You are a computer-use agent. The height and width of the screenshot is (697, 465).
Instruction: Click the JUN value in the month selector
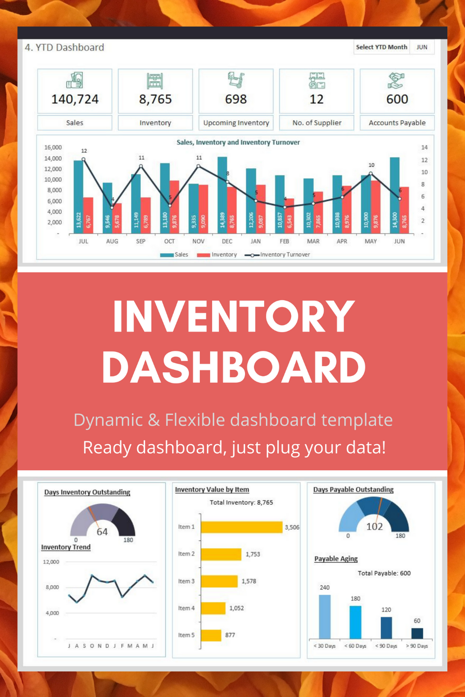click(422, 47)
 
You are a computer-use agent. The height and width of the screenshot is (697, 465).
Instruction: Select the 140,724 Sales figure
click(75, 99)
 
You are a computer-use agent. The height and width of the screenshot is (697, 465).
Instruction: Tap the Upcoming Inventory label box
click(236, 123)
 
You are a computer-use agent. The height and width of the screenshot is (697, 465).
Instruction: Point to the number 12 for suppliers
click(317, 99)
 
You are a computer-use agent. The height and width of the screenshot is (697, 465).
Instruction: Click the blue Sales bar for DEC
click(222, 195)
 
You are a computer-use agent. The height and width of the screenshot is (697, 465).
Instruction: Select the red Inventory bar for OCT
click(174, 207)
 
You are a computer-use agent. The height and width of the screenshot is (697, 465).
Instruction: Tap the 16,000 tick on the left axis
click(53, 148)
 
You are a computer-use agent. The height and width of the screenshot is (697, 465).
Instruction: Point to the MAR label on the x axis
click(313, 242)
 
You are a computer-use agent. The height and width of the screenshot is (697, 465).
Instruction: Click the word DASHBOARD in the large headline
click(234, 368)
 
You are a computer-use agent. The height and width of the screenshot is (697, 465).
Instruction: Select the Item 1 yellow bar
click(242, 527)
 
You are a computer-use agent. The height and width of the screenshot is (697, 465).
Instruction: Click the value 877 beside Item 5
click(230, 635)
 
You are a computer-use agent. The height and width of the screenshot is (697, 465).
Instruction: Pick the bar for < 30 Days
click(325, 617)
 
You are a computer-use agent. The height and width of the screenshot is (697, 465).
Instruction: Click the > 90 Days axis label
click(417, 646)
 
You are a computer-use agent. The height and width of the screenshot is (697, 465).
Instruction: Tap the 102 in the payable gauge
click(374, 527)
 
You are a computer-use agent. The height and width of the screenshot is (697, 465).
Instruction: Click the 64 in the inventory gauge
click(102, 532)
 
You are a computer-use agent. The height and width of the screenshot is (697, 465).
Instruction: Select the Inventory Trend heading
click(66, 547)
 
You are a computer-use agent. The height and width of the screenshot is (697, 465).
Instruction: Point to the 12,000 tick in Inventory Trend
click(51, 562)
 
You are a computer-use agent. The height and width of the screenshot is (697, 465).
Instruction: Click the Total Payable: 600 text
click(384, 573)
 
